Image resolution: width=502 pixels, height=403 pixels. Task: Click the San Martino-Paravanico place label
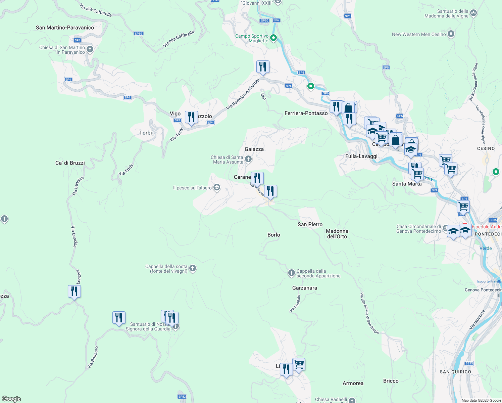65,28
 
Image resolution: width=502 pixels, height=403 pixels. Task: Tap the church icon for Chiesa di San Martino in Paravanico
90,50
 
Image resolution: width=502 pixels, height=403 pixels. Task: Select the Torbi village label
145,133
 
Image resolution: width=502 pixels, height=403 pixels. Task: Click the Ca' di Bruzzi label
70,163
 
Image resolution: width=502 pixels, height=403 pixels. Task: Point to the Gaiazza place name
254,149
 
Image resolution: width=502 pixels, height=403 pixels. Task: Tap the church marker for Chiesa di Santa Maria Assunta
248,159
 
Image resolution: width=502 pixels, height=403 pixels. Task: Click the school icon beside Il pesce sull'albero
217,187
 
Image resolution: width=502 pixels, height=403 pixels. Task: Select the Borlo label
273,235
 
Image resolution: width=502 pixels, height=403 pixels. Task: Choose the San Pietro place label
310,224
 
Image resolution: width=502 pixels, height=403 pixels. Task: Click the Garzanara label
304,288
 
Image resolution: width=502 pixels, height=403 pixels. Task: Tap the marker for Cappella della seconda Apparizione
292,273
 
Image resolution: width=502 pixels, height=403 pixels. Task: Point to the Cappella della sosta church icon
193,268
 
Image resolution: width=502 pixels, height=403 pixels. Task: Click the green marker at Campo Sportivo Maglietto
273,38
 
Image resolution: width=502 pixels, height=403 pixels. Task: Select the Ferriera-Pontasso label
306,113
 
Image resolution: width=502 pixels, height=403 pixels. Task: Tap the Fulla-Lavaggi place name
361,156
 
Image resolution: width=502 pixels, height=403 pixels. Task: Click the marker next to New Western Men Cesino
451,34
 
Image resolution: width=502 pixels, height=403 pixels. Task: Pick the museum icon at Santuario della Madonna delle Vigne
473,13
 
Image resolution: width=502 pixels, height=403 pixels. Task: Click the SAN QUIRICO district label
455,372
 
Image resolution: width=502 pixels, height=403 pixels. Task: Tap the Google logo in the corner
11,399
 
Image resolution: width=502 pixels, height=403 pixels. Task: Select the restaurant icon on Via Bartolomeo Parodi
263,67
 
